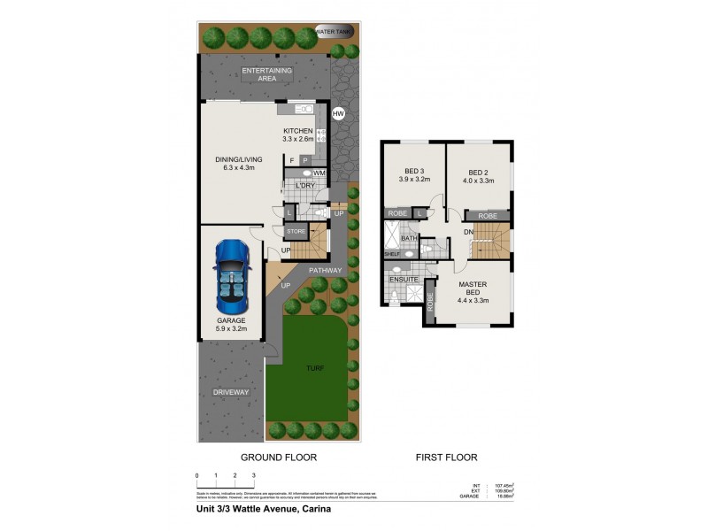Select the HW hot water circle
[337, 114]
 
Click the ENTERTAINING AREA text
[267, 73]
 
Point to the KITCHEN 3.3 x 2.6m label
[298, 135]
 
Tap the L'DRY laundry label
[305, 186]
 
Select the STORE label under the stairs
[296, 232]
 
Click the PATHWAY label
[326, 270]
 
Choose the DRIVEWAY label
[230, 392]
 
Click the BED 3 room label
[412, 174]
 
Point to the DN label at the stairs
[467, 233]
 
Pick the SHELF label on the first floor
[392, 254]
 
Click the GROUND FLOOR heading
[279, 458]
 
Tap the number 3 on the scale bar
[254, 476]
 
